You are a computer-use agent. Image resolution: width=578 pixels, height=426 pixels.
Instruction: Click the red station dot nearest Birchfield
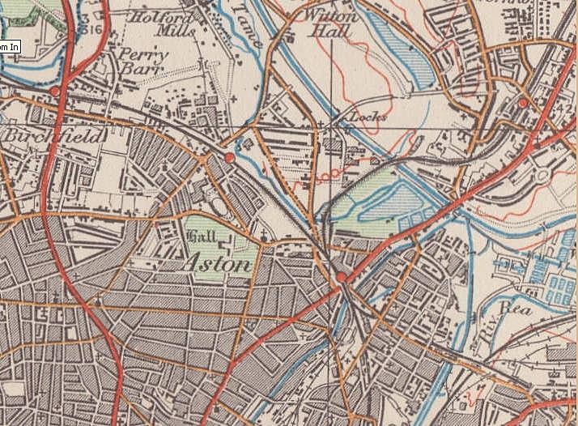[x=54, y=92]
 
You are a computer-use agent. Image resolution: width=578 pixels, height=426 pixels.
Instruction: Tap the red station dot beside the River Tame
[x=230, y=156]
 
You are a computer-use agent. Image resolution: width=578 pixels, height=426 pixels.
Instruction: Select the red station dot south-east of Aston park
[x=341, y=278]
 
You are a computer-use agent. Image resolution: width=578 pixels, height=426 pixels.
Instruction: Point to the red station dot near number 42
[x=524, y=103]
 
